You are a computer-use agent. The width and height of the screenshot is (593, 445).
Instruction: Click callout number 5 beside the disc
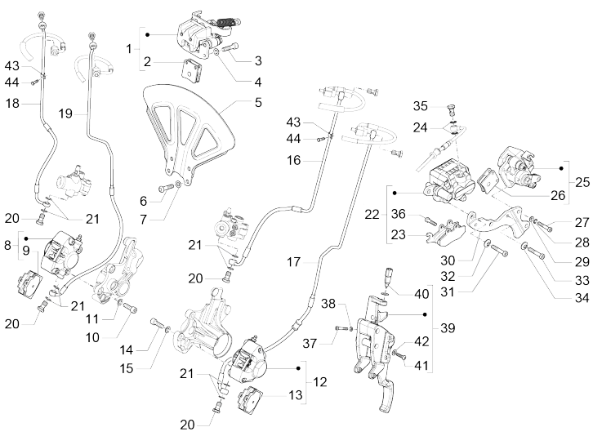[256, 104]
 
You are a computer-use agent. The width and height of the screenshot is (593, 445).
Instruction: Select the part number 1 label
[128, 49]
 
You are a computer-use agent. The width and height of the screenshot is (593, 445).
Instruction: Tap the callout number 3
[258, 61]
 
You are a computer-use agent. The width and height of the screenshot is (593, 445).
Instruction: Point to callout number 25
[582, 180]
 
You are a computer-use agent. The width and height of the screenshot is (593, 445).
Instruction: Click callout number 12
[319, 381]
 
